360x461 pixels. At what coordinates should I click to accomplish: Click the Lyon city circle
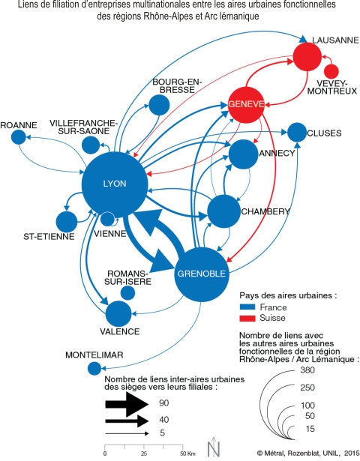[115, 184]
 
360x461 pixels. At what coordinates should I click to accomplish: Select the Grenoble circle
[202, 274]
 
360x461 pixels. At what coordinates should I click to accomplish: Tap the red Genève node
[247, 105]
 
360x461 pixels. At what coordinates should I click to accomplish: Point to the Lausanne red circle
[307, 57]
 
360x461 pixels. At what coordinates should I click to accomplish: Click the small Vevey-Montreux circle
[331, 71]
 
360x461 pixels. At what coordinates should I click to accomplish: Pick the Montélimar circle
[94, 368]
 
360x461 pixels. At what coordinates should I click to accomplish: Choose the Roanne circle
[19, 137]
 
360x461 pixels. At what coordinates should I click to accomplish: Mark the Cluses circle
[297, 133]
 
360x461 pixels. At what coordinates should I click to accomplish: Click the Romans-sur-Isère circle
[128, 293]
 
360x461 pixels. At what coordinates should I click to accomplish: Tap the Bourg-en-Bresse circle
[159, 105]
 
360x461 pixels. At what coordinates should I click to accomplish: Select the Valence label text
[120, 331]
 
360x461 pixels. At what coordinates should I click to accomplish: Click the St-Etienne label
[49, 237]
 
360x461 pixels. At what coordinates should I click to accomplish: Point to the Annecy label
[277, 153]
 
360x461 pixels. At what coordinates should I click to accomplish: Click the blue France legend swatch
[247, 307]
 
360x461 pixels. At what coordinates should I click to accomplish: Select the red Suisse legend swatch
[247, 318]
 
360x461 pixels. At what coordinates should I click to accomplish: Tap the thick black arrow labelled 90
[127, 405]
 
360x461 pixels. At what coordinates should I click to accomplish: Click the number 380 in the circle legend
[307, 370]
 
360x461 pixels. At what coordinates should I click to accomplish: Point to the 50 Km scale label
[187, 454]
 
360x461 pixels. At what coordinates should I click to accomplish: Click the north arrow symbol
[214, 447]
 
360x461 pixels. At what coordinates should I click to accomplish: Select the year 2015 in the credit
[352, 453]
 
